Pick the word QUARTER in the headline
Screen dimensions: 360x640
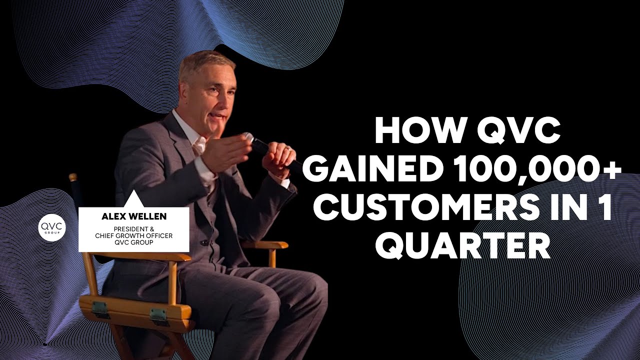point(462,245)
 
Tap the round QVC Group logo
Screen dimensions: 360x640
point(52,228)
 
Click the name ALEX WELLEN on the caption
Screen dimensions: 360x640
point(133,216)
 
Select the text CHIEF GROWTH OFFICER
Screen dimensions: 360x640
point(133,236)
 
